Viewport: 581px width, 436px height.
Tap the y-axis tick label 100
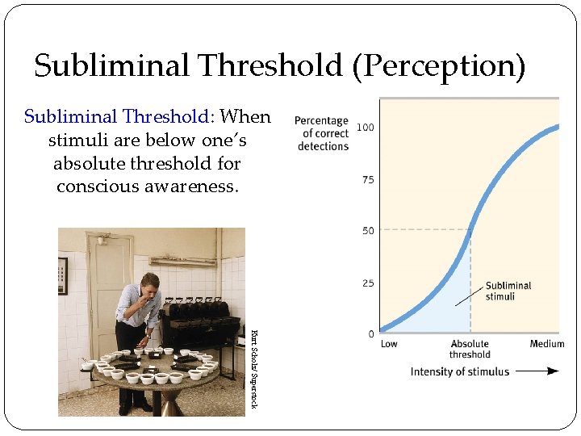coord(365,128)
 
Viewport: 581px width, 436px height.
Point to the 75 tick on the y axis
coord(368,180)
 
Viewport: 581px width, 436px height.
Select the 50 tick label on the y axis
coord(368,231)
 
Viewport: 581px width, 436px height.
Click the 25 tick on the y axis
coord(368,283)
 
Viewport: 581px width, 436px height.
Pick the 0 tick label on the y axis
coord(370,333)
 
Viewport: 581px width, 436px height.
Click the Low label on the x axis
coord(389,345)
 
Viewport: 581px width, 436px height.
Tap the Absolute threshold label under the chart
coord(470,350)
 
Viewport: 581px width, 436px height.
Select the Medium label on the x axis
coord(546,345)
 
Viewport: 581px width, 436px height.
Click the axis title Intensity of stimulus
coord(460,371)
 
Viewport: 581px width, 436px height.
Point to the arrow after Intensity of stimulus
coord(537,371)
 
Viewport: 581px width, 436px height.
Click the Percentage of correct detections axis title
coord(322,133)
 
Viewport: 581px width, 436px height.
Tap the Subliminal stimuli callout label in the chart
coord(508,291)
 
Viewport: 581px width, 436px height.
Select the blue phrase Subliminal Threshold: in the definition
coord(119,116)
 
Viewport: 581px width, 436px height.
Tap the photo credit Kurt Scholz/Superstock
coord(253,367)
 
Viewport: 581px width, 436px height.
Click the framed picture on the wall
coord(63,275)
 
